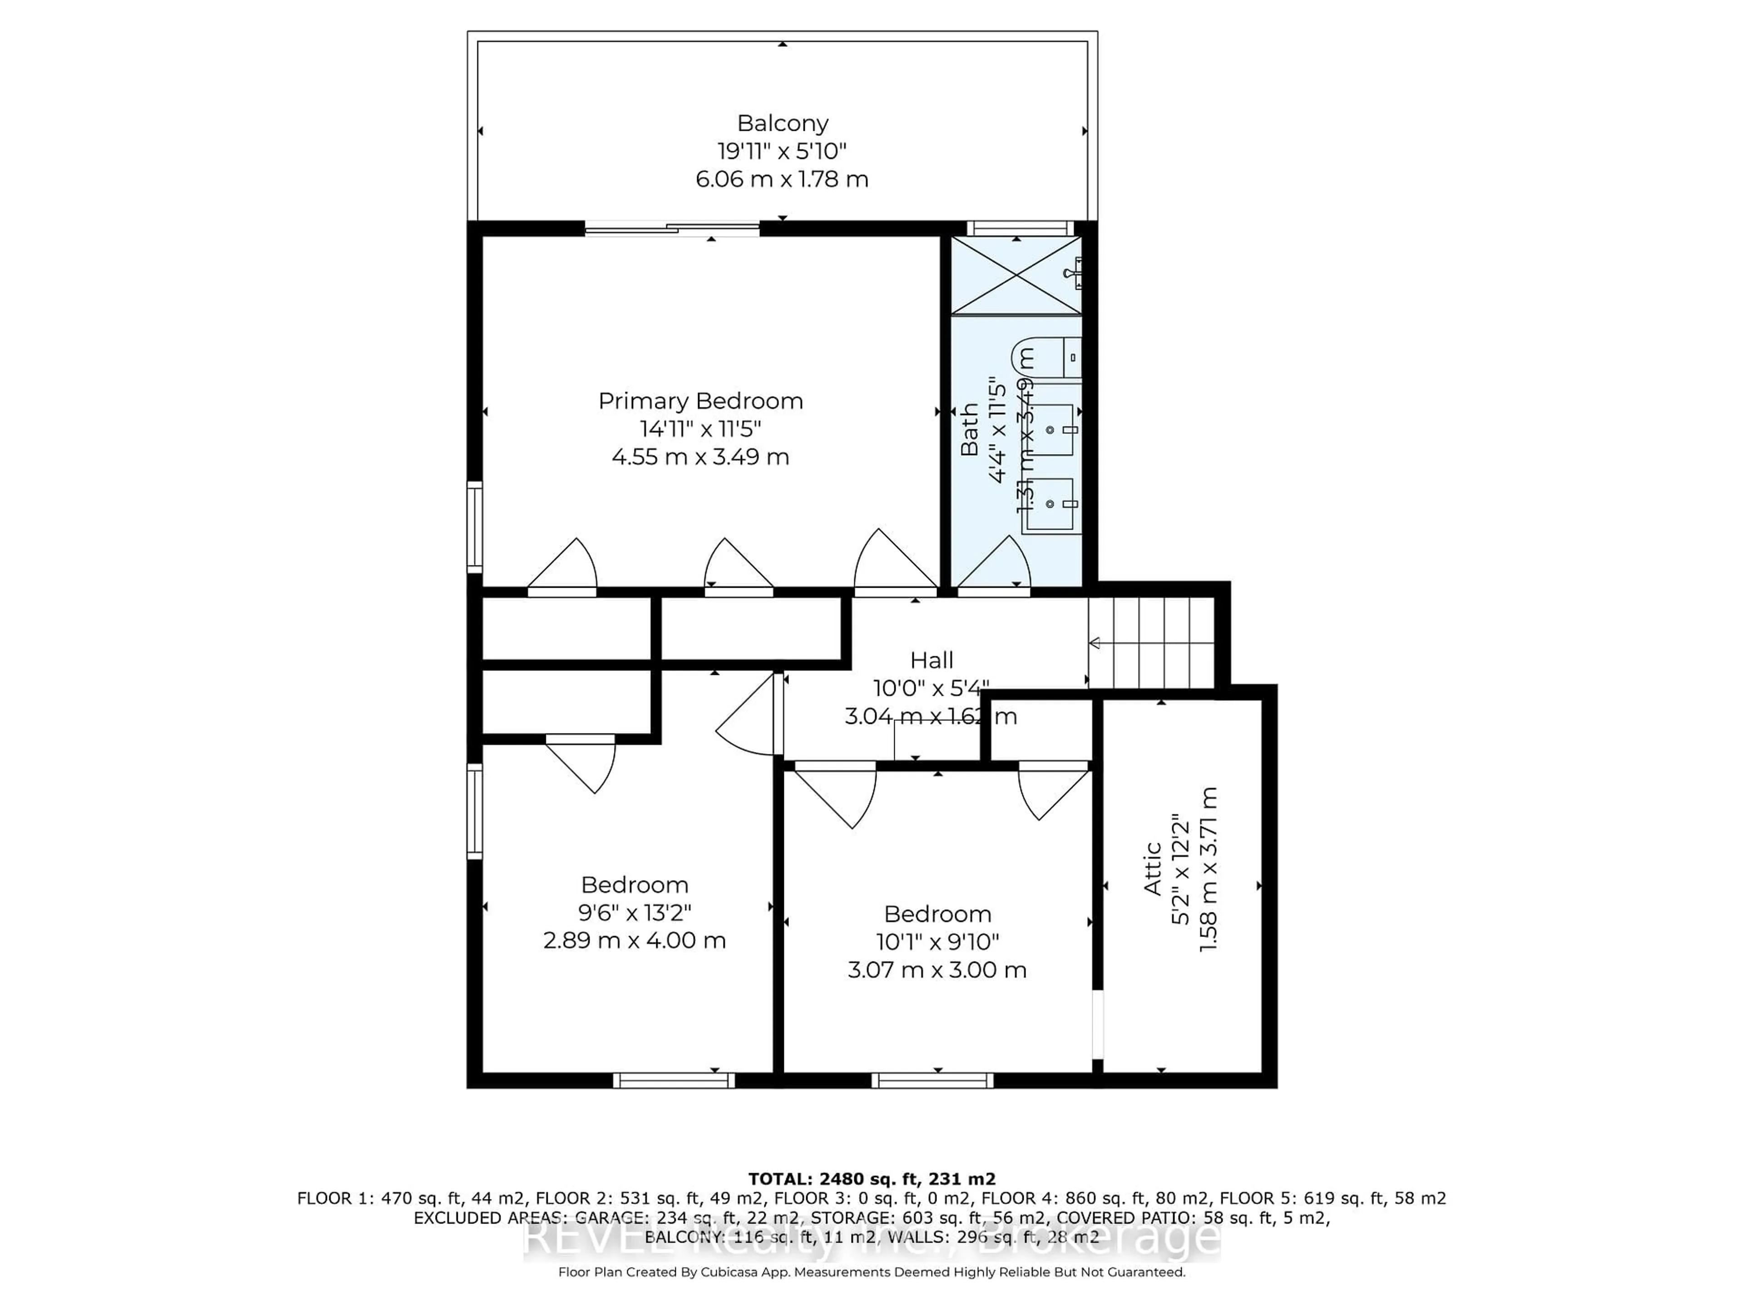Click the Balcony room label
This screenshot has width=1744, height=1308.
tap(782, 123)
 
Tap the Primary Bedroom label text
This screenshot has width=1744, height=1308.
tap(700, 401)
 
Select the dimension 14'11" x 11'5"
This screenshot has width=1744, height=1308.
tap(700, 429)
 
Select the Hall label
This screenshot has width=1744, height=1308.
tap(931, 660)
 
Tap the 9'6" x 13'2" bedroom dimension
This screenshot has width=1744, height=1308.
tap(634, 912)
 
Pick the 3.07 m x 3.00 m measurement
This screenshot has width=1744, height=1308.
tap(936, 970)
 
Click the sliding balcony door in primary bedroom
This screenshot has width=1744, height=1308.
tap(672, 229)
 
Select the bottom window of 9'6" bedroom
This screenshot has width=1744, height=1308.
tap(674, 1080)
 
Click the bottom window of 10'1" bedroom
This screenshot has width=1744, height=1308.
tap(932, 1080)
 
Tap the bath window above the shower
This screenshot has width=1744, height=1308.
tap(1020, 228)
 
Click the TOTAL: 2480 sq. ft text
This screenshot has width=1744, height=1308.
tap(871, 1179)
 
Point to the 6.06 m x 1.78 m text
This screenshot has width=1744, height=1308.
tap(782, 179)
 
